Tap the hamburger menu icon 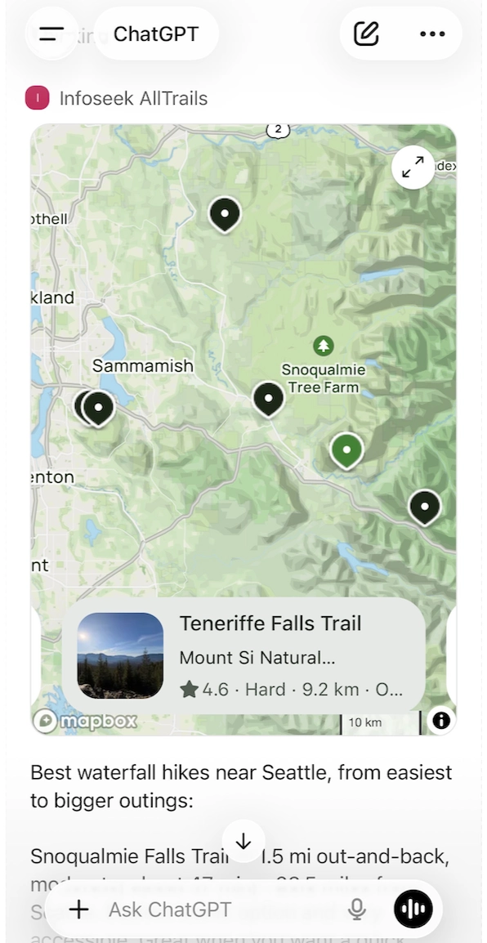[x=51, y=34]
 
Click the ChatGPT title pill [x=155, y=34]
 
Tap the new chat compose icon [x=366, y=34]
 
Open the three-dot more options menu [x=432, y=34]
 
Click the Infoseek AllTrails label [x=133, y=99]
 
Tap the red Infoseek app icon [x=38, y=99]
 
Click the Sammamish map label [x=142, y=366]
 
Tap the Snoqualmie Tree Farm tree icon [x=324, y=346]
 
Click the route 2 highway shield [x=278, y=129]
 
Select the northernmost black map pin [x=225, y=213]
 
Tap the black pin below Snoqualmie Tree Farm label [x=268, y=398]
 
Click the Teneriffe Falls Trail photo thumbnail [x=120, y=655]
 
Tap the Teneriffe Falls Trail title [x=270, y=623]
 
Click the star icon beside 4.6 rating [x=190, y=690]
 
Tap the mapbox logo [x=86, y=722]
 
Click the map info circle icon [x=440, y=720]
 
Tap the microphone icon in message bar [x=356, y=909]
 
